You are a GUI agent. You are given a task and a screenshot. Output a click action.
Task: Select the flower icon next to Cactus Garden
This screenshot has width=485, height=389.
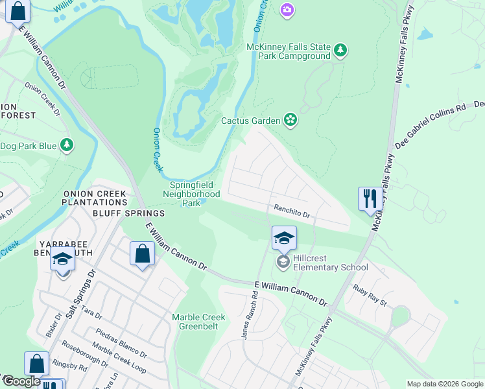tap(290, 120)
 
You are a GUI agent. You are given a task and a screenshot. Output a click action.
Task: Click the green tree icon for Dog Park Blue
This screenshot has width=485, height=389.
tap(66, 145)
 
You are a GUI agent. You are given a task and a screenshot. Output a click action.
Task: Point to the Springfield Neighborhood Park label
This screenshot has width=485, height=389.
tap(191, 194)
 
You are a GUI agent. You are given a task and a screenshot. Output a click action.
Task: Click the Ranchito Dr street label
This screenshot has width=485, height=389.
tap(292, 211)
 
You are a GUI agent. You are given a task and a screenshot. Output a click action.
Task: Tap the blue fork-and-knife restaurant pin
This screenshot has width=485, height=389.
tap(370, 198)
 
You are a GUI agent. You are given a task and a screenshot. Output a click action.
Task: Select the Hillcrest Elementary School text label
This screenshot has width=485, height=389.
tap(330, 263)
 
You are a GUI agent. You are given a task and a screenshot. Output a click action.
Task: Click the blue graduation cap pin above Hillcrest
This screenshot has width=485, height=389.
tap(284, 239)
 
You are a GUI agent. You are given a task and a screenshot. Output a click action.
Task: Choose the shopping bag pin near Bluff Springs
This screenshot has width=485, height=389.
tap(142, 254)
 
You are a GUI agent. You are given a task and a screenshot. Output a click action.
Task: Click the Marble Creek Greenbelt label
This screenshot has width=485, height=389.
tap(198, 322)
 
